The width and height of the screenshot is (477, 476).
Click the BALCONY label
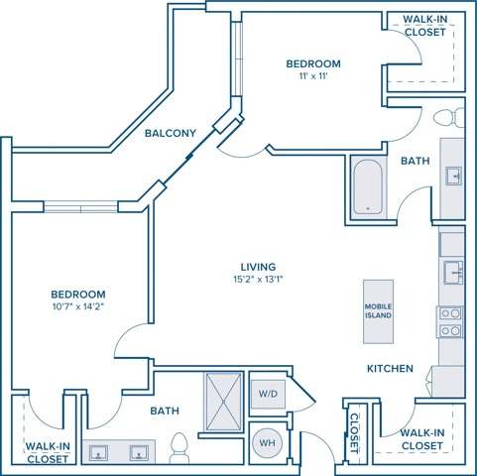[x=169, y=133]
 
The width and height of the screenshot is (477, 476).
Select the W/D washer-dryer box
[x=268, y=394]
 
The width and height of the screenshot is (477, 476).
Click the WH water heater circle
[x=268, y=441]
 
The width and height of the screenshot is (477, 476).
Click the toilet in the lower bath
[x=180, y=448]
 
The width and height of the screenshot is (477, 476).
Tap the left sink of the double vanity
[x=100, y=452]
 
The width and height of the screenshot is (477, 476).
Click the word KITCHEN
[x=390, y=368]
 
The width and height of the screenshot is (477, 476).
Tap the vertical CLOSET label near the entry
[x=353, y=431]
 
